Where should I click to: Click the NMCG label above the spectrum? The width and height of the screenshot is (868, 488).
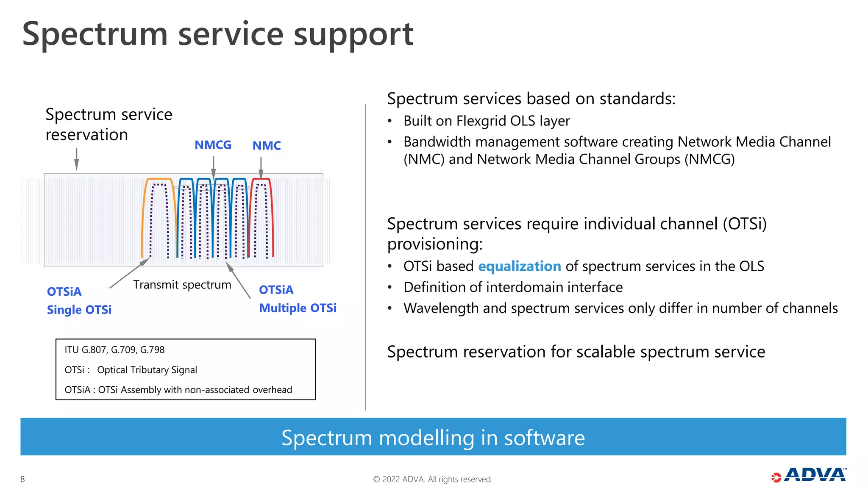[213, 145]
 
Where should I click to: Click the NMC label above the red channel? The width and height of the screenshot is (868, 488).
[267, 146]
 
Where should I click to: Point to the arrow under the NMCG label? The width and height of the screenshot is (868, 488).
[213, 167]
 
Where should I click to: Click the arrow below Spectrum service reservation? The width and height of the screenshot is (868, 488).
[76, 159]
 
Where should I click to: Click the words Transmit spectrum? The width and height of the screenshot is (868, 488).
[182, 285]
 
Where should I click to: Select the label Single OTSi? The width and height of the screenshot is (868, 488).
[79, 310]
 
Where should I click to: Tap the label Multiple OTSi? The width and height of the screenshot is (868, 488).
[298, 308]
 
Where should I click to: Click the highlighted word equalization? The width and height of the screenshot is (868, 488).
[520, 266]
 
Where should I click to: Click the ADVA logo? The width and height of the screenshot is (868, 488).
[809, 475]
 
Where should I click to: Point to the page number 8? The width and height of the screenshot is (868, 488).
[23, 479]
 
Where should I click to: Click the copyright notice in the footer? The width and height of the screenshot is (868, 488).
[433, 479]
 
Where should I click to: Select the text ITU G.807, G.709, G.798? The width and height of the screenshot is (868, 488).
[114, 350]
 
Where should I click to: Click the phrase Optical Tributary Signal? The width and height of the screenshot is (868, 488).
[147, 370]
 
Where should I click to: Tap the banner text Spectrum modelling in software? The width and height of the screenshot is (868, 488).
[433, 438]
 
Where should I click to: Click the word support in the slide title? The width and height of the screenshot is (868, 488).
[353, 35]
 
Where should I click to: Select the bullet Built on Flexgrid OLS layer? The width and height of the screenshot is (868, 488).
[487, 121]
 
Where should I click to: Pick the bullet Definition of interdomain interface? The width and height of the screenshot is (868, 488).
[513, 287]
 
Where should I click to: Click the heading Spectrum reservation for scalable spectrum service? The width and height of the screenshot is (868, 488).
[576, 352]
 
